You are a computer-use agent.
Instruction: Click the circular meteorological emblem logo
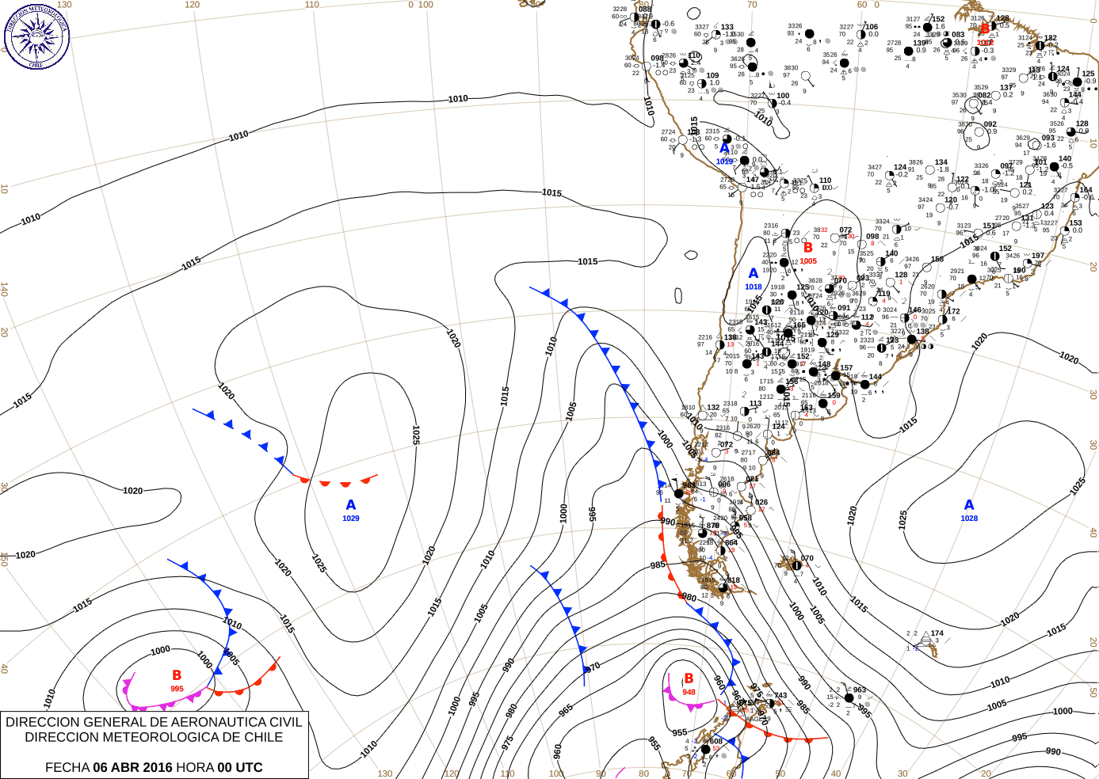pyautogui.click(x=36, y=36)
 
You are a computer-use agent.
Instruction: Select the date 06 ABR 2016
pyautogui.click(x=132, y=767)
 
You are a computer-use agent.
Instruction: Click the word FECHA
pyautogui.click(x=67, y=767)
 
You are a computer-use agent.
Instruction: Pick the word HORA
pyautogui.click(x=195, y=767)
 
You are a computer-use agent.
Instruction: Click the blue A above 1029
pyautogui.click(x=351, y=505)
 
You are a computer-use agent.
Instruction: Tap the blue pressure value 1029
pyautogui.click(x=351, y=519)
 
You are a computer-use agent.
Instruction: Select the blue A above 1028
pyautogui.click(x=969, y=505)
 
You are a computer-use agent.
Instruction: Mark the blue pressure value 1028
pyautogui.click(x=969, y=519)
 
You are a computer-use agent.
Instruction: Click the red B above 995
pyautogui.click(x=177, y=675)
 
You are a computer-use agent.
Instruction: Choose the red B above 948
pyautogui.click(x=689, y=678)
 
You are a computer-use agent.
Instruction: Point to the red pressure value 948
pyautogui.click(x=689, y=692)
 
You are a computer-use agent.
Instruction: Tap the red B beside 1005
pyautogui.click(x=808, y=248)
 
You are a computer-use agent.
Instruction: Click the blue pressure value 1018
pyautogui.click(x=754, y=287)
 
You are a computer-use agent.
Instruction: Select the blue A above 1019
pyautogui.click(x=724, y=149)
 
